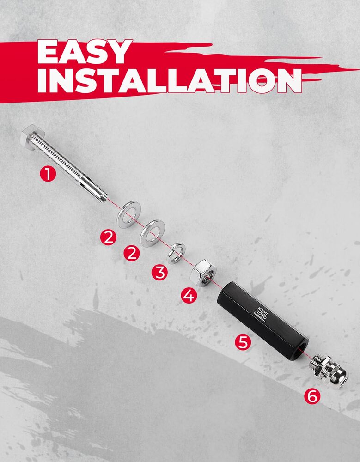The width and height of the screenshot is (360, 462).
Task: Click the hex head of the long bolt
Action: pyautogui.click(x=32, y=135)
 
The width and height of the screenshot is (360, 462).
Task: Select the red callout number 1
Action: pyautogui.click(x=48, y=173)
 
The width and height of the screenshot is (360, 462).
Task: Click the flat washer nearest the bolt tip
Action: pyautogui.click(x=129, y=214)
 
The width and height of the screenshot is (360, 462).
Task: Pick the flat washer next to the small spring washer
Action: pyautogui.click(x=152, y=233)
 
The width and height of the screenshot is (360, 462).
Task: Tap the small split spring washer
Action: pyautogui.click(x=176, y=253)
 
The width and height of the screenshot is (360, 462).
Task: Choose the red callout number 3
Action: pyautogui.click(x=160, y=272)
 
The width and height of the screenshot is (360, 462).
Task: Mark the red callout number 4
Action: pyautogui.click(x=189, y=295)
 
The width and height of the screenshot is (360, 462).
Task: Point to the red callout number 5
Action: pyautogui.click(x=243, y=342)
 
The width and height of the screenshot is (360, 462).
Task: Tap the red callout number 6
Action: pyautogui.click(x=312, y=396)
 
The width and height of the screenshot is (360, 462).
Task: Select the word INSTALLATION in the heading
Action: pyautogui.click(x=170, y=80)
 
